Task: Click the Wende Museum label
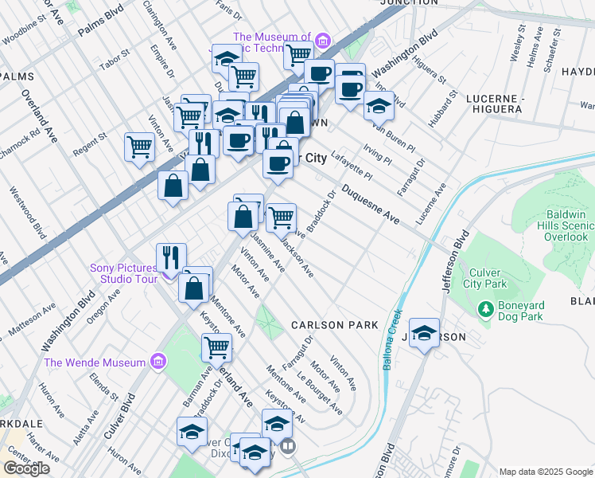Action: pos(95,362)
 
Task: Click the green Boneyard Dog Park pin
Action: pos(484,308)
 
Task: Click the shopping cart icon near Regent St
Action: pos(139,147)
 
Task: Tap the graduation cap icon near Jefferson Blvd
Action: pos(425,334)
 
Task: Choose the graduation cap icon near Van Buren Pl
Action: pos(379,106)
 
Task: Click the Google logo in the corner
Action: pos(26,468)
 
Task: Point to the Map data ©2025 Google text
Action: pos(545,472)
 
